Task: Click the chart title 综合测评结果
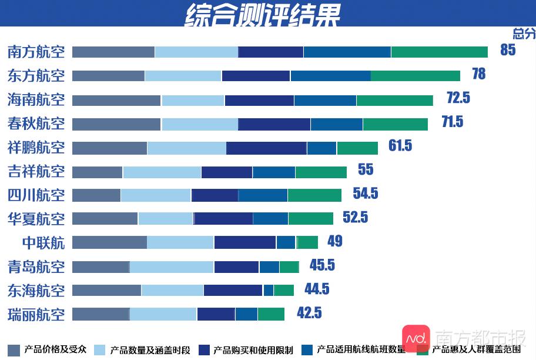[262, 14]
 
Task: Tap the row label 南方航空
[36, 52]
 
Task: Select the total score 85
[508, 50]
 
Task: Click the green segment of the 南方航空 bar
[439, 52]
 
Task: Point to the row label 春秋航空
[36, 124]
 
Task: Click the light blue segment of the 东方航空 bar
[183, 76]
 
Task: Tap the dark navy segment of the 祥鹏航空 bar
[266, 148]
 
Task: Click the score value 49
[334, 241]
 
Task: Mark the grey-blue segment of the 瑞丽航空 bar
[101, 314]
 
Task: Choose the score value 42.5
[309, 313]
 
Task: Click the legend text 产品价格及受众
[55, 349]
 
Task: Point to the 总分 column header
[524, 33]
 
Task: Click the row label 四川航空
[36, 195]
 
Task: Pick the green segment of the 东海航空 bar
[283, 290]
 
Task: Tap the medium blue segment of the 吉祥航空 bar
[274, 172]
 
